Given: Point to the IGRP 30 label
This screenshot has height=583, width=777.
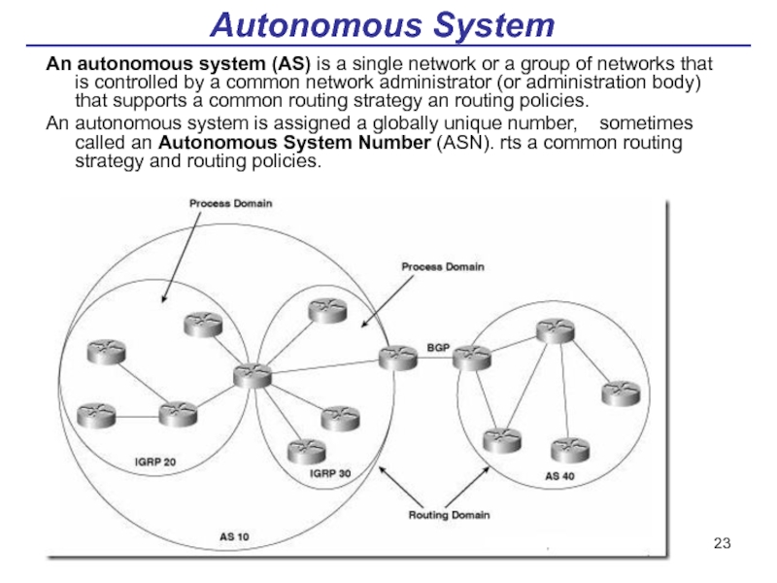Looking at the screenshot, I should [329, 474].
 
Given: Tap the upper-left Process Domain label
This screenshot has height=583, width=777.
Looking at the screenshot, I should [231, 204].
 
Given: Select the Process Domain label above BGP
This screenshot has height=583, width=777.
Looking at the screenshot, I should [444, 265].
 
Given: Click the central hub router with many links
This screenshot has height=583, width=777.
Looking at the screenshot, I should [252, 374].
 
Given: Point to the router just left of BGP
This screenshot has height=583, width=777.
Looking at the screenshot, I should [397, 359].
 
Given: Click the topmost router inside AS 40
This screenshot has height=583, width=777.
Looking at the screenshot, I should [557, 330].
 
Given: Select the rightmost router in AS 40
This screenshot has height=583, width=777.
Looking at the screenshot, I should [620, 393].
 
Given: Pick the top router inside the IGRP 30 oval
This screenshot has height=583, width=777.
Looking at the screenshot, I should [326, 310].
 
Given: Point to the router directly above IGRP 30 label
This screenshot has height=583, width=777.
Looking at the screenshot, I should [304, 450].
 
